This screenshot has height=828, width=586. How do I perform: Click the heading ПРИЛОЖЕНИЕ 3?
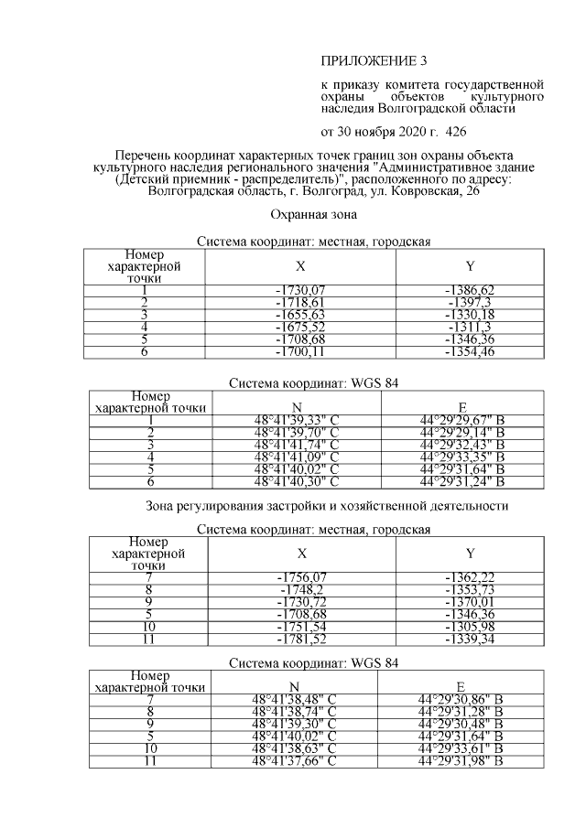point(374,61)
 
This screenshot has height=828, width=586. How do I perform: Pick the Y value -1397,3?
point(469,302)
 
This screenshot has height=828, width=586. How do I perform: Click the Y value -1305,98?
point(469,627)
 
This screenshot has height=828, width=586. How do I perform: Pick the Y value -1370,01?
point(469,602)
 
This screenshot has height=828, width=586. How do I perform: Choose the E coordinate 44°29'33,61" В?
point(461,747)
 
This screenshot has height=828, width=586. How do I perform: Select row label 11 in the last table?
point(145,759)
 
